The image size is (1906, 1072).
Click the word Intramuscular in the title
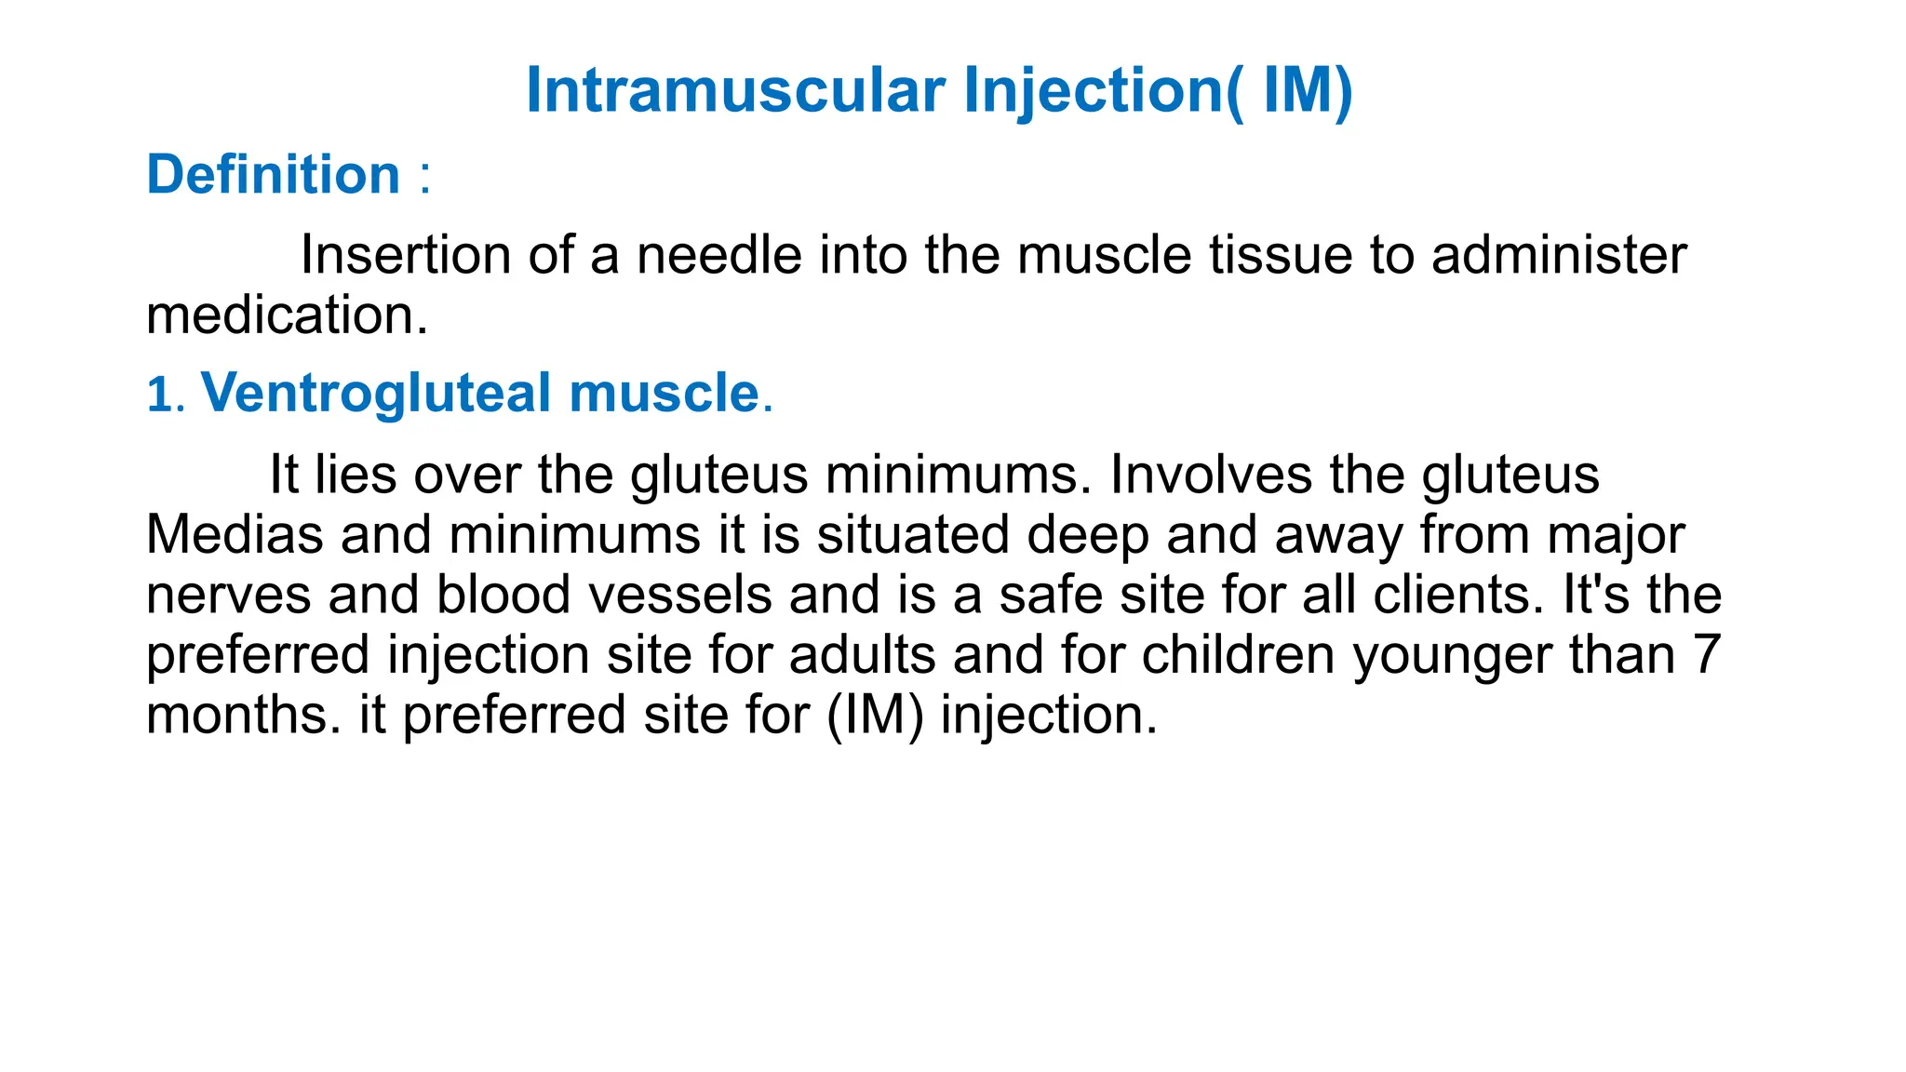[x=735, y=91]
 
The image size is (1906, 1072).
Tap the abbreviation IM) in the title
[x=1307, y=91]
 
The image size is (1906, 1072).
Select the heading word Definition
[x=274, y=175]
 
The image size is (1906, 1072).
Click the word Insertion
[x=406, y=255]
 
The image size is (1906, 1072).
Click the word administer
[x=1559, y=255]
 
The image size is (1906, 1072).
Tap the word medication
[x=287, y=315]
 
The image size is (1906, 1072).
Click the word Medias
[x=235, y=535]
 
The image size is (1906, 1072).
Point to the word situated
[x=913, y=535]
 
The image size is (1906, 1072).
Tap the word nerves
[x=229, y=596]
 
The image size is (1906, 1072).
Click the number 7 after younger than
[x=1705, y=655]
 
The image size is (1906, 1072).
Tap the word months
[x=244, y=716]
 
